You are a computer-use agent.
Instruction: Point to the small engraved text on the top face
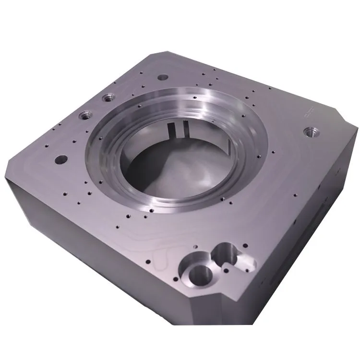tap(307, 111)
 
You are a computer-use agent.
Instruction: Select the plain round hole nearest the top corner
tap(163, 77)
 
